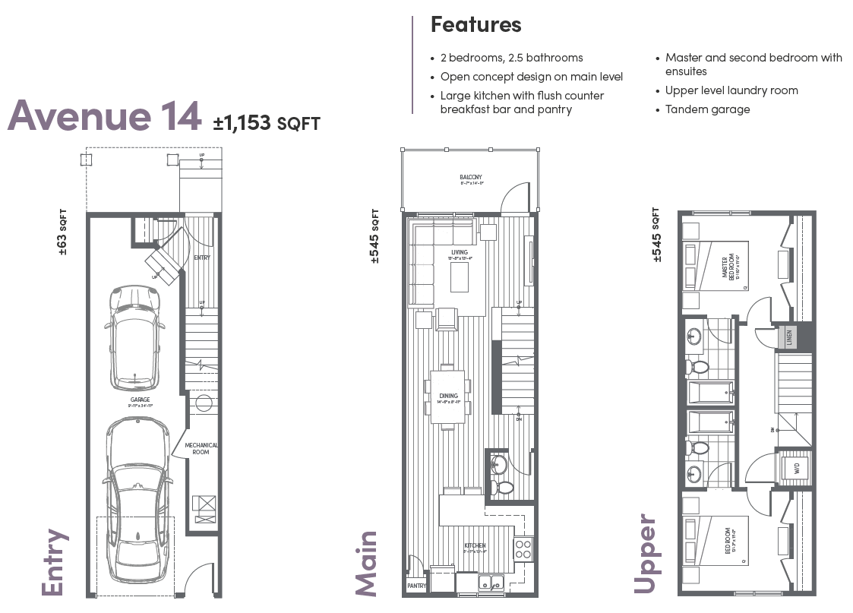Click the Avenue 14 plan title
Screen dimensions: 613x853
tap(104, 116)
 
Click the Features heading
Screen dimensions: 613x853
tap(475, 24)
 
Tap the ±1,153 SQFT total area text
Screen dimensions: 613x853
tap(267, 123)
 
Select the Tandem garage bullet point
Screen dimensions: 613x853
tap(707, 109)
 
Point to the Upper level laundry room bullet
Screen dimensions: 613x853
tap(731, 90)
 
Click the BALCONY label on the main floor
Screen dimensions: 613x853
tap(470, 178)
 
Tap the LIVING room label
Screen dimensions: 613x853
tap(460, 253)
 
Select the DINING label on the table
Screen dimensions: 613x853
tap(448, 396)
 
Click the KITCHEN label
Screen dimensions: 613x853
tap(475, 546)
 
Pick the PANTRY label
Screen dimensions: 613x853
tap(416, 586)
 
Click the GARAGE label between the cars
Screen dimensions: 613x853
tap(140, 400)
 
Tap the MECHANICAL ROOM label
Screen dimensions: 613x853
tap(201, 449)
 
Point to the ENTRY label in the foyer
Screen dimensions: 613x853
tap(202, 258)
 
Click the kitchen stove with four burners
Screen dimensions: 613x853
tap(523, 549)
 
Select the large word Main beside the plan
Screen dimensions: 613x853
tap(366, 563)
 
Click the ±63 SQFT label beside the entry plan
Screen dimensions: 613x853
tap(63, 232)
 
